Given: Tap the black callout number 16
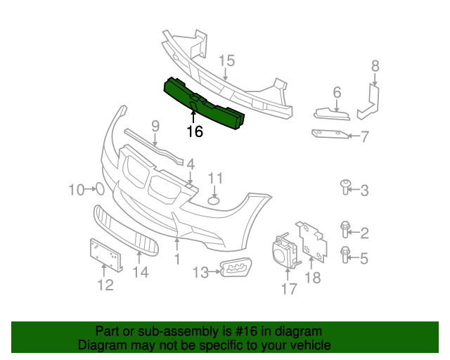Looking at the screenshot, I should tap(195, 131).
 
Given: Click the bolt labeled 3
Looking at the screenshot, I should tap(345, 186).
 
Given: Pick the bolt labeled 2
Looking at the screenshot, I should tap(345, 229).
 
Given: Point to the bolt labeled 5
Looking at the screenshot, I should tap(345, 254).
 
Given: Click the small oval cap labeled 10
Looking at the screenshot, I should tap(100, 188).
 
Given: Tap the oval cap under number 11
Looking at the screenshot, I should tap(214, 201).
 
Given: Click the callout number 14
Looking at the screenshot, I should tap(141, 272).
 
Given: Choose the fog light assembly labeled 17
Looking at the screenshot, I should tap(284, 251).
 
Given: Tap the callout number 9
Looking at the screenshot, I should tap(155, 127).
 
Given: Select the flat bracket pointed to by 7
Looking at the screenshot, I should tap(329, 133).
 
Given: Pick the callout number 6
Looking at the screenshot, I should tap(337, 92).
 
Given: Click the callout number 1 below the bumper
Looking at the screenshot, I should tap(177, 259).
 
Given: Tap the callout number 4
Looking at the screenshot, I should tap(190, 163).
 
